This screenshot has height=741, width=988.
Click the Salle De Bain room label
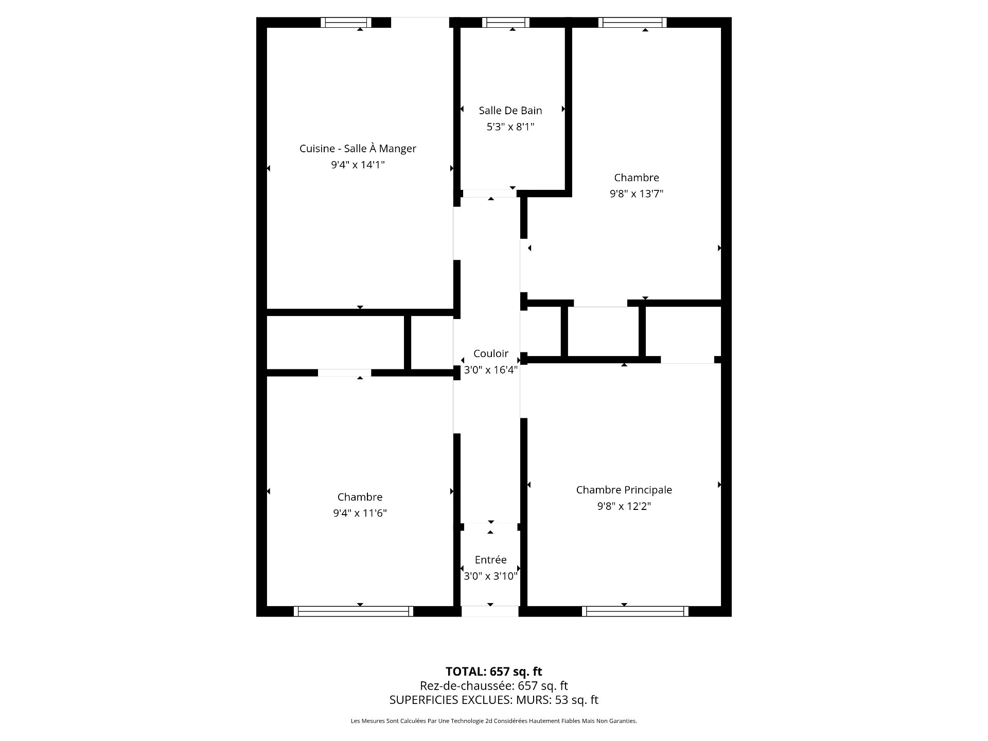(x=510, y=110)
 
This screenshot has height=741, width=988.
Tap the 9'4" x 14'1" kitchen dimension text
(x=358, y=165)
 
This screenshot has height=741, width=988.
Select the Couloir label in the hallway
(x=491, y=354)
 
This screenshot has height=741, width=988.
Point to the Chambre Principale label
(x=624, y=490)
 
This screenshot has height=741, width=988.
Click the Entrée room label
(x=490, y=560)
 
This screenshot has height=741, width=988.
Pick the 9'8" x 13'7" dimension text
(x=637, y=194)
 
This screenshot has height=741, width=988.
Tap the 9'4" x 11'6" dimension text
(x=360, y=513)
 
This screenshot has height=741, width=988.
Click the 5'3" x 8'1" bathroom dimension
(x=510, y=127)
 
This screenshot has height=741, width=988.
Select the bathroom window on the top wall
(x=506, y=22)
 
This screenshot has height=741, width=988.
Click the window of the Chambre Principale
(x=636, y=611)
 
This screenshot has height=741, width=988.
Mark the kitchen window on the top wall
(x=346, y=22)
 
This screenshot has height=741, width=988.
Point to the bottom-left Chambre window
(x=354, y=611)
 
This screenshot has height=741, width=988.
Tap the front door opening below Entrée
(x=490, y=611)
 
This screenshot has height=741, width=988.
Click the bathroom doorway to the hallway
(x=490, y=193)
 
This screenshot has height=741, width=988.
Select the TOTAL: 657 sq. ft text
(x=494, y=672)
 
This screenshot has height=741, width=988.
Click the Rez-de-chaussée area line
(x=494, y=686)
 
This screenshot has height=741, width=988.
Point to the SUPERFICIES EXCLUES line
(x=494, y=700)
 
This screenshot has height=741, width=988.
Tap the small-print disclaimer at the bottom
(x=494, y=721)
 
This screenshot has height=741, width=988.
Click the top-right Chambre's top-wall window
(x=632, y=22)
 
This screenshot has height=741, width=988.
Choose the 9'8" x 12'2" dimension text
(x=624, y=506)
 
